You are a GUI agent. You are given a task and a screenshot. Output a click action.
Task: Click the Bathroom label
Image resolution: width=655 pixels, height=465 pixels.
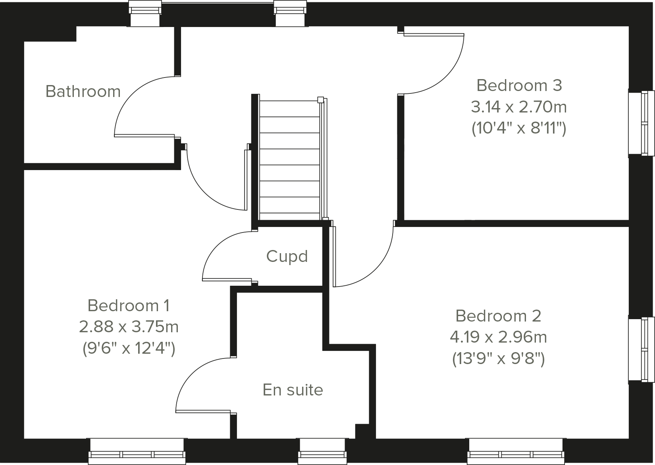pos(83,91)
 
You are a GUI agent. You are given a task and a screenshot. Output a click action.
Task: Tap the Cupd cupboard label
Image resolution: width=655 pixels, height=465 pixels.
pos(287,256)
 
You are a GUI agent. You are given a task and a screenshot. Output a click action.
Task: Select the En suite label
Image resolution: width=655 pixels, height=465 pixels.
pos(293,390)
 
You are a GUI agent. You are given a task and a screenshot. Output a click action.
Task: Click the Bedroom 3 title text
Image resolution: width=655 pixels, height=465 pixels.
pos(519,85)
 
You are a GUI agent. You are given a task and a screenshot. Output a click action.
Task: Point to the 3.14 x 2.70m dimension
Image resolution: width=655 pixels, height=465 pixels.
pos(519,107)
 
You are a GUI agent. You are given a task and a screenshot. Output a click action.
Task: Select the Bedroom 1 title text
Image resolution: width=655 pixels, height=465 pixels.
pos(129,306)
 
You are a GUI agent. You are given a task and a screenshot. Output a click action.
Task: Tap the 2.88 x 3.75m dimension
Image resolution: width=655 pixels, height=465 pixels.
pos(129,327)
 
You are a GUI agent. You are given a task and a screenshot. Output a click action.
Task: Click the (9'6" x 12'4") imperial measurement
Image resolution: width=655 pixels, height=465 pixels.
pos(129,349)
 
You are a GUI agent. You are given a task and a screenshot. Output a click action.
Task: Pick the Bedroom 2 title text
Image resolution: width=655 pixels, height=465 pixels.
pos(498,316)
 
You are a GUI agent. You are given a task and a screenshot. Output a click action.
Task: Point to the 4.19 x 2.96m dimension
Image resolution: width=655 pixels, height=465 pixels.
pos(498,337)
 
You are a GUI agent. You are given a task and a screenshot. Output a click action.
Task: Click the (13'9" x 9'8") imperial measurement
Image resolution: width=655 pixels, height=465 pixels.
pos(498,359)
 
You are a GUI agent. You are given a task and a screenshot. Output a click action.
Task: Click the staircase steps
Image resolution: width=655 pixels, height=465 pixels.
pos(289,159)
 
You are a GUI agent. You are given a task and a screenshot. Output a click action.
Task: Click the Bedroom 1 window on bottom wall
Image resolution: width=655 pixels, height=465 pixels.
pos(137,451)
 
